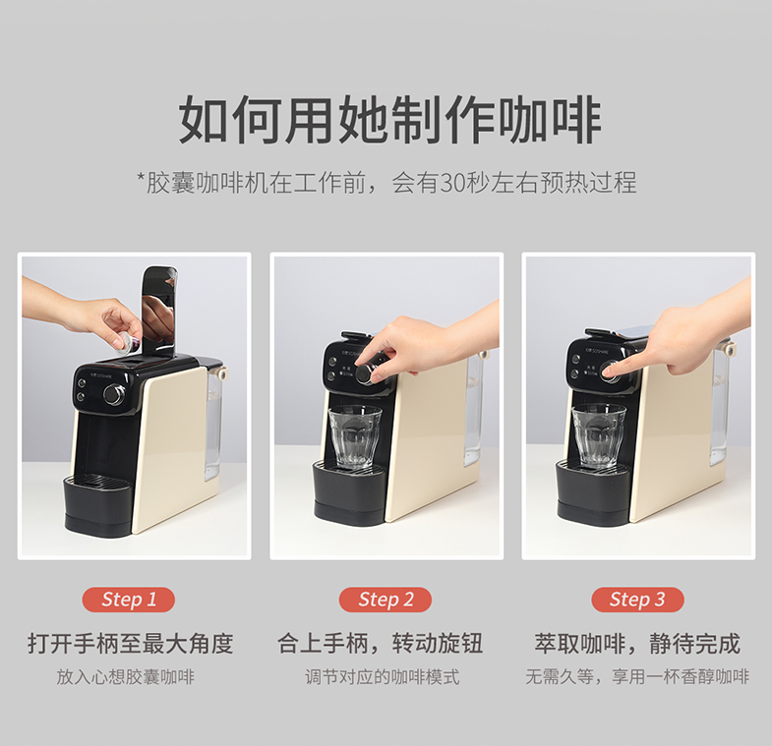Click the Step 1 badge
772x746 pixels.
pos(129,600)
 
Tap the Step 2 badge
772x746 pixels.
pos(386,600)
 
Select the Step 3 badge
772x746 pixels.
pos(637,600)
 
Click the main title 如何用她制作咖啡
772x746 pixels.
pos(390,121)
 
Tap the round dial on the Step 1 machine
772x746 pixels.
pos(114,394)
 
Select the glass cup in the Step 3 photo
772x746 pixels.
pos(599,435)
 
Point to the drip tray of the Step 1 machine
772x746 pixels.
pos(98,502)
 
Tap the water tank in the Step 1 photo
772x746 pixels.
pos(214,424)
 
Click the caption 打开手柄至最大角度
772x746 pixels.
pos(130,644)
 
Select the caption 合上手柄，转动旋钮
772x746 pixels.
pos(380,644)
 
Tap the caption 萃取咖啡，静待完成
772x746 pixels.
pos(637,644)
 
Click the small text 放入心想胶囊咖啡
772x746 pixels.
pos(126,677)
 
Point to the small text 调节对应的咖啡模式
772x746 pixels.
pos(383,677)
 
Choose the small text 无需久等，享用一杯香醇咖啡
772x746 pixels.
pos(637,677)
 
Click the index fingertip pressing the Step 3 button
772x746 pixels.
pos(611,370)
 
